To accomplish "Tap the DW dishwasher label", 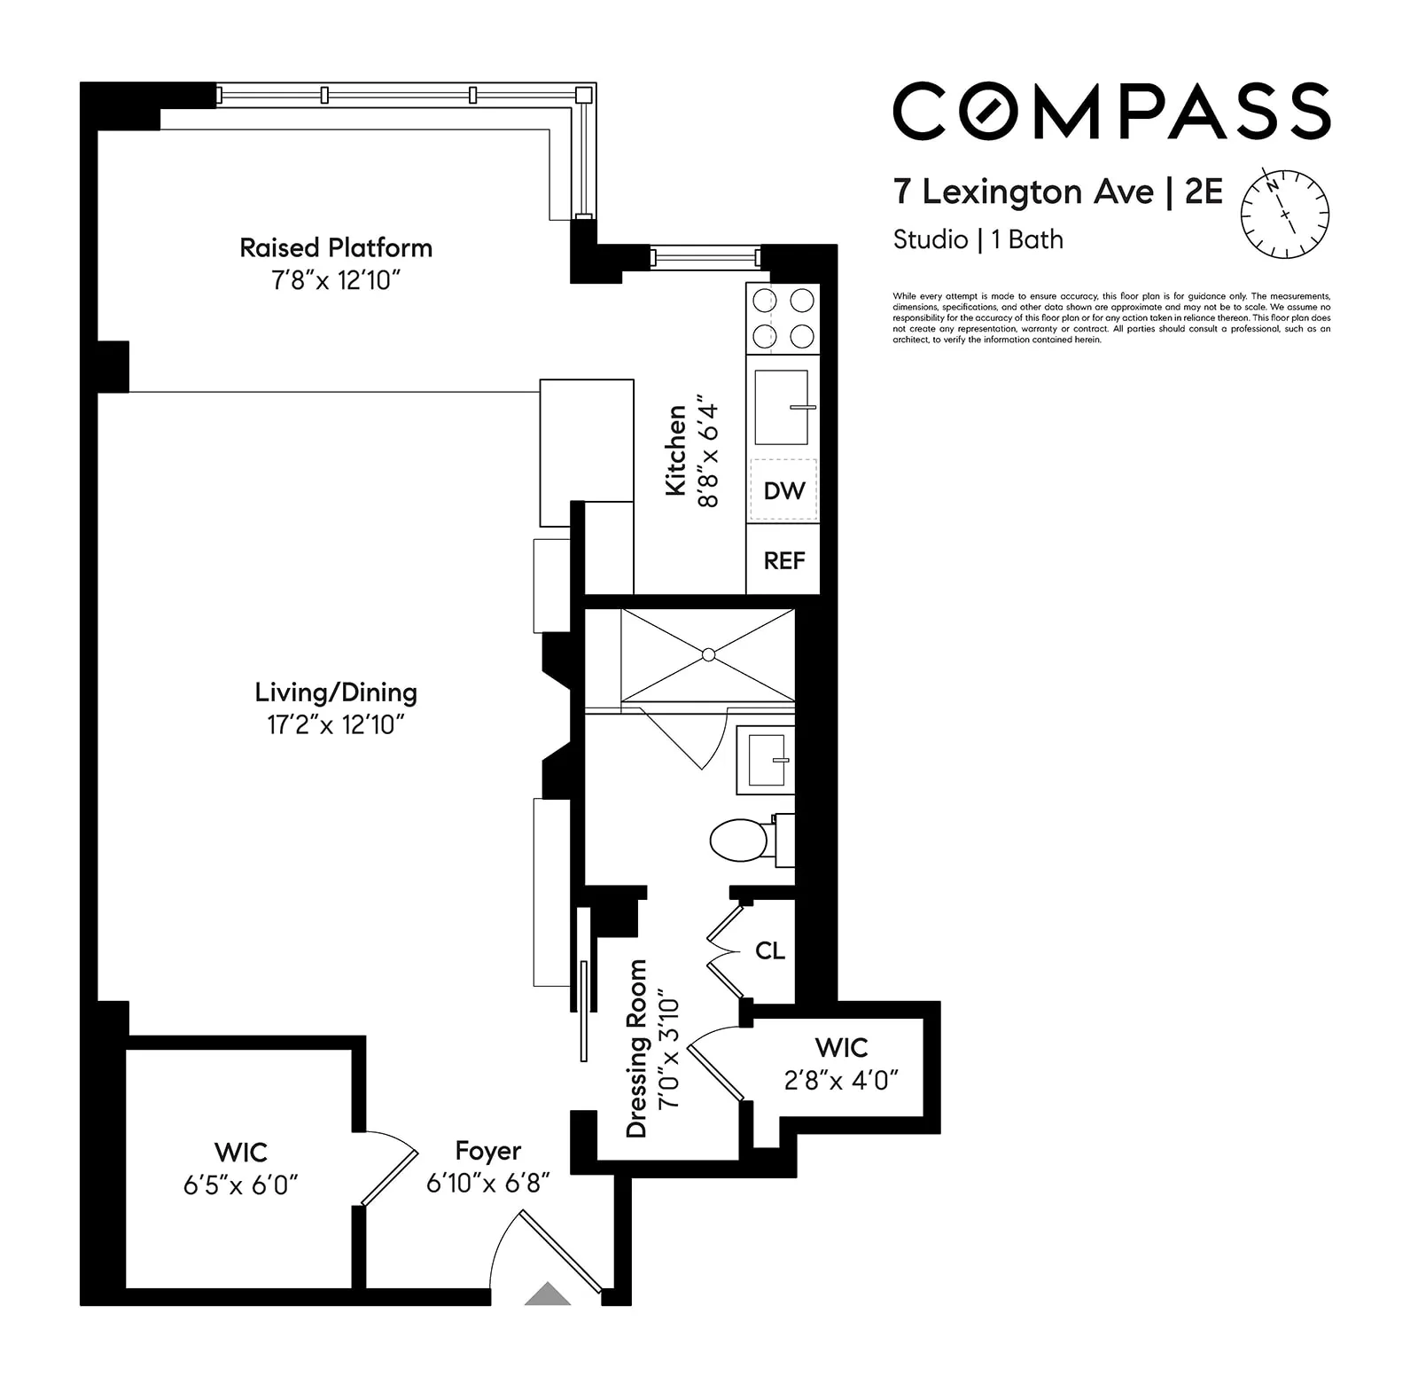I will [783, 490].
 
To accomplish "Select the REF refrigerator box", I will [783, 560].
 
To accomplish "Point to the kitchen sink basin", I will [781, 407].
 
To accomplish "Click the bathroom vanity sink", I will [766, 761].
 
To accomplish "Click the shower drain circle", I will [708, 654].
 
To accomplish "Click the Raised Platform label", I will [336, 247].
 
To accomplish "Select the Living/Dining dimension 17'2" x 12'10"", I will [336, 725].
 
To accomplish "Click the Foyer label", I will [487, 1151].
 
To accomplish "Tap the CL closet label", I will [769, 950].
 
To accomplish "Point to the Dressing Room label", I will [636, 1048].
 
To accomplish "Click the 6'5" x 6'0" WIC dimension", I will [240, 1185].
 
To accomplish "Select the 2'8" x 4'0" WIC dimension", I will [841, 1080].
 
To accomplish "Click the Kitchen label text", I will [676, 450].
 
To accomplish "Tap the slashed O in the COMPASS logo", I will [993, 111].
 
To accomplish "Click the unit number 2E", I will [1203, 192].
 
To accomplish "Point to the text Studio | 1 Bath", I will [978, 239].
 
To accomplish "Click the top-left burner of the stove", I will [764, 301].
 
